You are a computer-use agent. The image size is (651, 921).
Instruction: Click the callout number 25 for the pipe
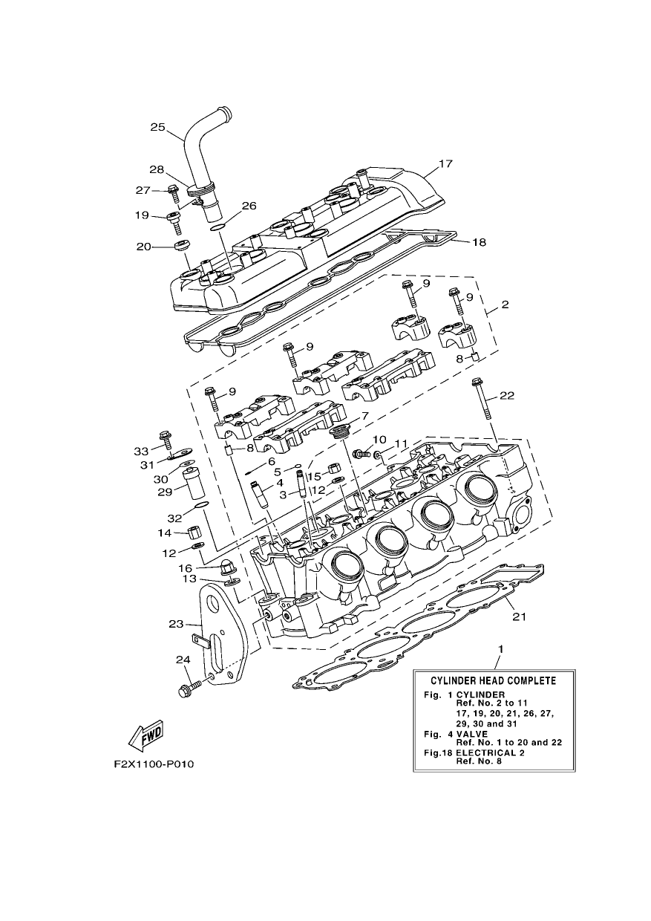157,127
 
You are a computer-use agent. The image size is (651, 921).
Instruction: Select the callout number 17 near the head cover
445,163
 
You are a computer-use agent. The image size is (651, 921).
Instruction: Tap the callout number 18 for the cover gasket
480,242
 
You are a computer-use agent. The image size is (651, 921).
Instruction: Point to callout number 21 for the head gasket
520,616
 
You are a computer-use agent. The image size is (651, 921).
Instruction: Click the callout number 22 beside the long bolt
507,396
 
